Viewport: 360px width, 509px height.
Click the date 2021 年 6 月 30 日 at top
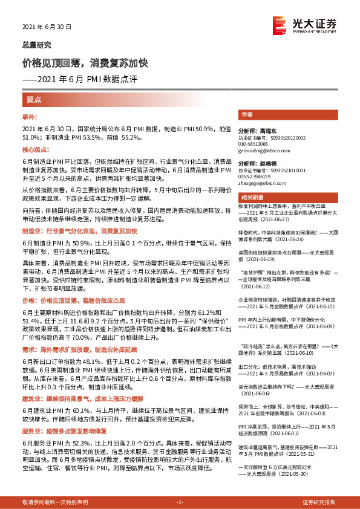[x=47, y=27]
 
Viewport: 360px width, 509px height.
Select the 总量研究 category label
[x=37, y=45]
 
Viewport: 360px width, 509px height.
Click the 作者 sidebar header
[x=246, y=114]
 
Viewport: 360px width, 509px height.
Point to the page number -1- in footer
[x=180, y=502]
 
